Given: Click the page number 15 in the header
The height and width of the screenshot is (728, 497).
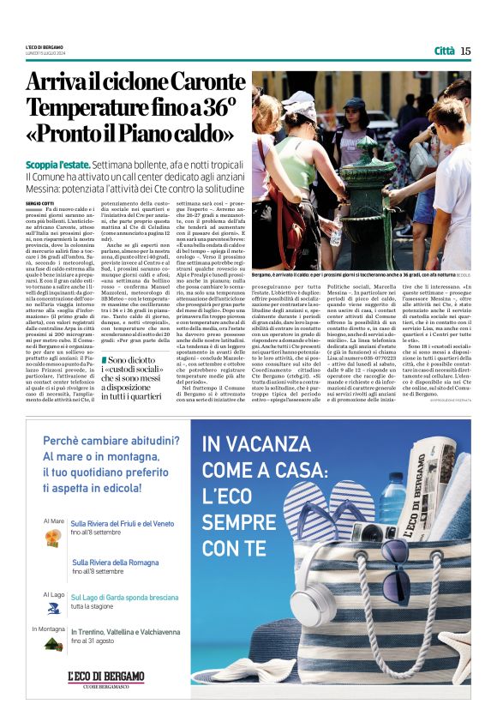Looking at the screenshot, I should tap(465, 51).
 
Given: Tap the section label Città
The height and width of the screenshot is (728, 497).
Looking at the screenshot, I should tap(445, 51).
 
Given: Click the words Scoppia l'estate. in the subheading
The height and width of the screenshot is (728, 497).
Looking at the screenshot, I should tap(58, 162).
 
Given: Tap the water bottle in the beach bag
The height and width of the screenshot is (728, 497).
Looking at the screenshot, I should tap(390, 497).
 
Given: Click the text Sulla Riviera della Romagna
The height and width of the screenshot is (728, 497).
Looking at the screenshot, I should tap(116, 563).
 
